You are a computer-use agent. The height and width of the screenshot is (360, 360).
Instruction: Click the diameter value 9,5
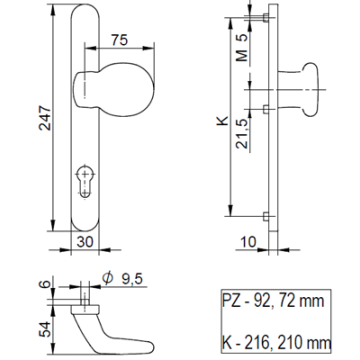pos(125,281)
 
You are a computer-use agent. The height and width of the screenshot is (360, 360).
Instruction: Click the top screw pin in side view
pos(266,16)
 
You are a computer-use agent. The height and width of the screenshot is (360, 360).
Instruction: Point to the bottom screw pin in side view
pos(265,216)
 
